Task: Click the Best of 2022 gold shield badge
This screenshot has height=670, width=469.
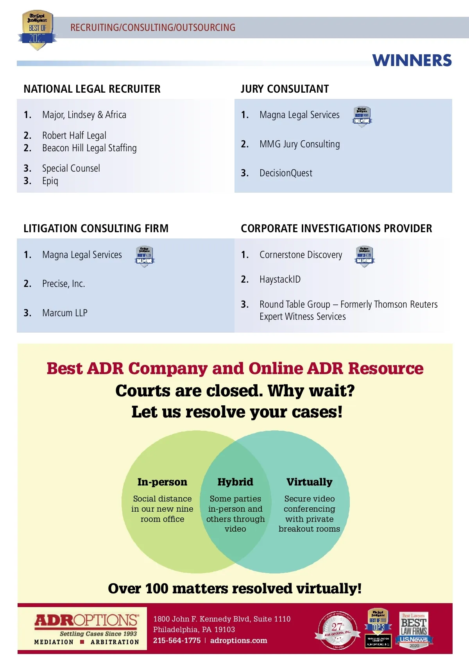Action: [37, 30]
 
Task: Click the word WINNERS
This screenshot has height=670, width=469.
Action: [412, 61]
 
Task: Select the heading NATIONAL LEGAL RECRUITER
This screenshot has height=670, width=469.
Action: [92, 89]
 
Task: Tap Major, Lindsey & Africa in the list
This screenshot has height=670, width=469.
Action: [84, 115]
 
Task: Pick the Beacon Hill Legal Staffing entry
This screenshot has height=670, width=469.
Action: [89, 148]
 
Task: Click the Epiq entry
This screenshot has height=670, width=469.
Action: [50, 181]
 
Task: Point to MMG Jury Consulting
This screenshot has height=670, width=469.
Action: [299, 144]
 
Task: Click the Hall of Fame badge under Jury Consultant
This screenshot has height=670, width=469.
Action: [362, 116]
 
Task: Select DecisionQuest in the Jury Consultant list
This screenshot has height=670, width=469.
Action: [286, 173]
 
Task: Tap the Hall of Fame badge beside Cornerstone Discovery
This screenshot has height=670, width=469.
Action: [365, 256]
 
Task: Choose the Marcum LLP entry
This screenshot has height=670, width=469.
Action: [64, 313]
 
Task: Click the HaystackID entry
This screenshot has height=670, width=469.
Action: [280, 279]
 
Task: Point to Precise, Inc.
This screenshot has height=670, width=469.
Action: [63, 284]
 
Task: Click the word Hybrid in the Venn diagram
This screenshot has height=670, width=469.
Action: [235, 482]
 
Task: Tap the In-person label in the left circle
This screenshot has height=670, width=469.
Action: [162, 482]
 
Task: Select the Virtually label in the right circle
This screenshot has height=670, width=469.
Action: [309, 482]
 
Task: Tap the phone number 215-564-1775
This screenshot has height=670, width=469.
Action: [177, 641]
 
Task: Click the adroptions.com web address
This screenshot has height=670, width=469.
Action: [238, 641]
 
